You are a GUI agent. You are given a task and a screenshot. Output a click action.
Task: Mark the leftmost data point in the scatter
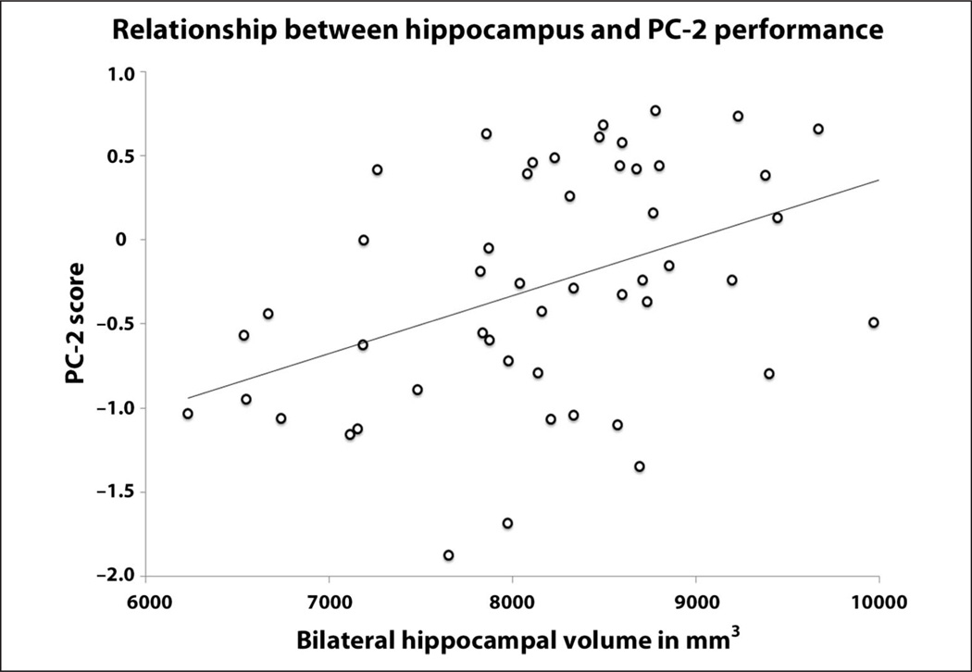188,414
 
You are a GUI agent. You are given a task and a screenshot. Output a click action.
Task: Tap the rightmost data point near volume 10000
873,323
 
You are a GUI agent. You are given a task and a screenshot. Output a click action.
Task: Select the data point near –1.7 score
507,524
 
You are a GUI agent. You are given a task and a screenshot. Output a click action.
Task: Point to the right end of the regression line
878,180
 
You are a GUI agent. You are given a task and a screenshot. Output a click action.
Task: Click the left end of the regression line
188,398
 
